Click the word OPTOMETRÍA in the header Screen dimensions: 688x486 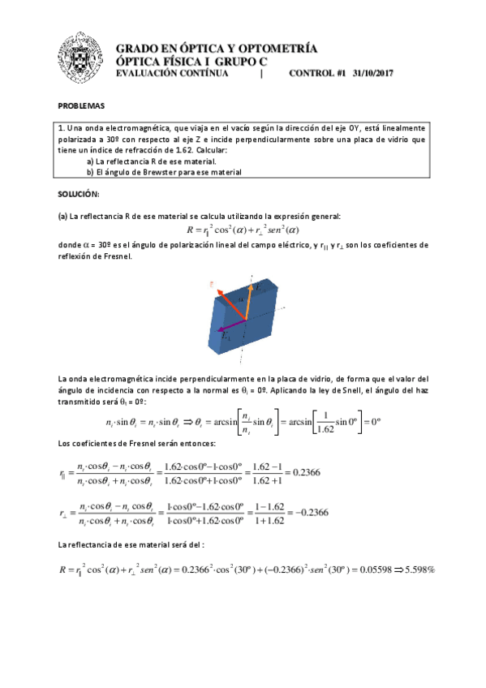pyautogui.click(x=273, y=49)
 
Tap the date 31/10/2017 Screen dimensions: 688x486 pyautogui.click(x=373, y=73)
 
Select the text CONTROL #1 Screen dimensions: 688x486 pyautogui.click(x=317, y=73)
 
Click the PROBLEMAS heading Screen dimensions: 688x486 pyautogui.click(x=82, y=107)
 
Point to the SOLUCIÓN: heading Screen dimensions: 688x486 pyautogui.click(x=78, y=195)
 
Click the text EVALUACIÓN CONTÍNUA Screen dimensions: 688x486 pyautogui.click(x=173, y=73)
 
